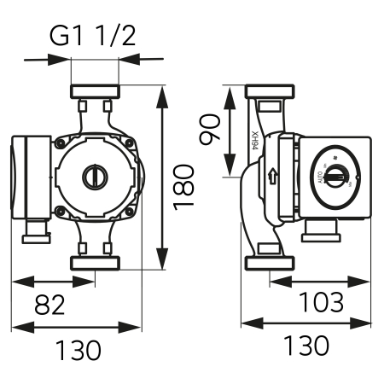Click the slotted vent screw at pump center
point(94,177)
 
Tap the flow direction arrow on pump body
point(272,177)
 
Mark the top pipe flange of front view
point(95,91)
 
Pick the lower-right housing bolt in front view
point(129,212)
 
